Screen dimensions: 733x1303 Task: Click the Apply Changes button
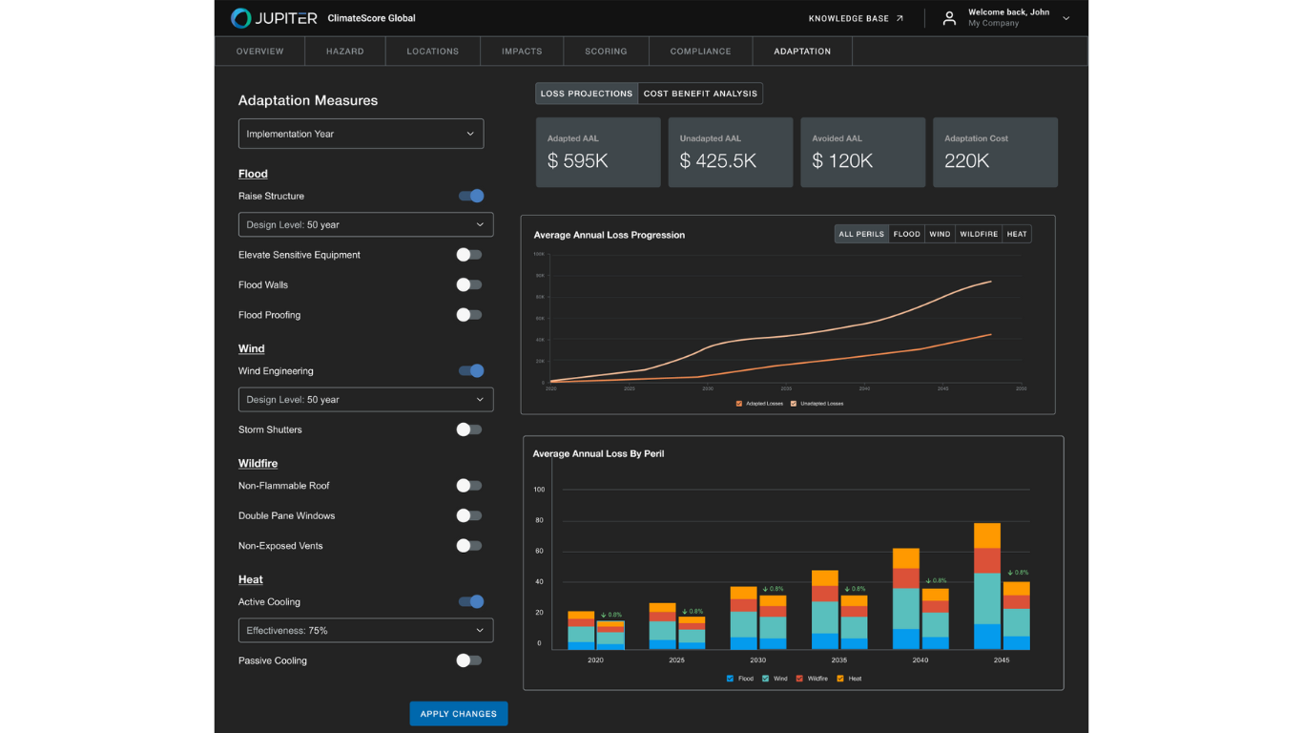(458, 714)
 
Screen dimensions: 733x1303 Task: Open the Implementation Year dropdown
(361, 134)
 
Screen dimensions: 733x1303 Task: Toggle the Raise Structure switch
(470, 196)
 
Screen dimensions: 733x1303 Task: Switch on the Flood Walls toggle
(468, 284)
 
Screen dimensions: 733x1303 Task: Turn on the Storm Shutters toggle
(468, 429)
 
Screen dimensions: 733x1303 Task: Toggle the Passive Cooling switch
(468, 660)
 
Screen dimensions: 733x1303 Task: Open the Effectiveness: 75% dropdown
(365, 631)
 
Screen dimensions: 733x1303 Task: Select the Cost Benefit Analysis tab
(700, 94)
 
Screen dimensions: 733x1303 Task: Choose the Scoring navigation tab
(606, 52)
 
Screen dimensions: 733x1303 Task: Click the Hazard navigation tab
(344, 52)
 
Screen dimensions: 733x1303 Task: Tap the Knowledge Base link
(856, 18)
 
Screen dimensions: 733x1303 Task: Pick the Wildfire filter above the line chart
(979, 234)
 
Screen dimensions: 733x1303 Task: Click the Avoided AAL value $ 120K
(842, 161)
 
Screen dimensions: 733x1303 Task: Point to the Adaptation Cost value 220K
(966, 161)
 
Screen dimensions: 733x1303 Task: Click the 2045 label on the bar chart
(1002, 660)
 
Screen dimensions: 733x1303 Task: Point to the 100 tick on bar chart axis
(539, 490)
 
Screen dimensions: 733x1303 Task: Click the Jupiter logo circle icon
(241, 18)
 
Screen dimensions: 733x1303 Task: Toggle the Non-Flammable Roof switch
(468, 486)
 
